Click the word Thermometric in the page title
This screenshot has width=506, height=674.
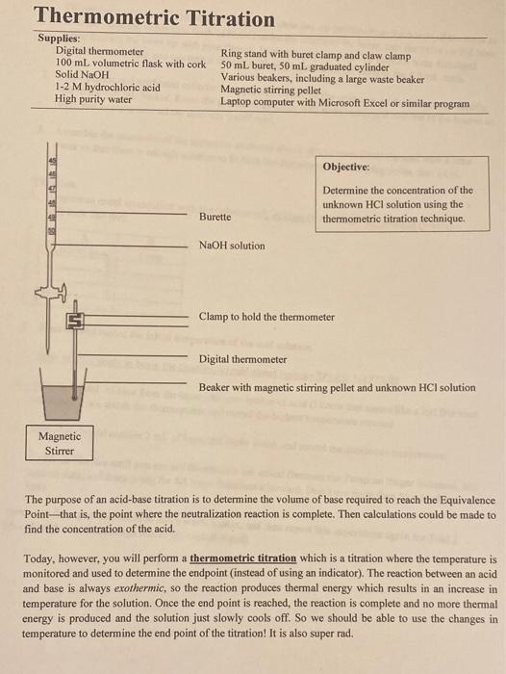pos(107,16)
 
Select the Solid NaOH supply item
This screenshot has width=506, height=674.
pos(82,74)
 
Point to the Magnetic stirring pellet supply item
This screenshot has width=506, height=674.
pos(270,91)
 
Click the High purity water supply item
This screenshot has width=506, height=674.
pos(93,99)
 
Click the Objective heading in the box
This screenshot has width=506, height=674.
pos(345,167)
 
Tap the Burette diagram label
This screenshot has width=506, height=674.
pos(215,217)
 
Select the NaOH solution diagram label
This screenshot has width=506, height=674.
pos(232,246)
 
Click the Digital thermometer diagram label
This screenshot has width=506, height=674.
pos(242,359)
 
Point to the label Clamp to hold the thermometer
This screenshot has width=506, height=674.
pos(266,317)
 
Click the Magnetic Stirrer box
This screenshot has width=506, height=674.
pos(60,443)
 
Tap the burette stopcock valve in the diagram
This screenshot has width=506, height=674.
pos(51,293)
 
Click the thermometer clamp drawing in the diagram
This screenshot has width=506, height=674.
pos(75,321)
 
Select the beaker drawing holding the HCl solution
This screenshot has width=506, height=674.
pos(63,394)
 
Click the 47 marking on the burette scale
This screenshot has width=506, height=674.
pos(54,189)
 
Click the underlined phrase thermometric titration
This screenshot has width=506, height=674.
pos(243,558)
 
